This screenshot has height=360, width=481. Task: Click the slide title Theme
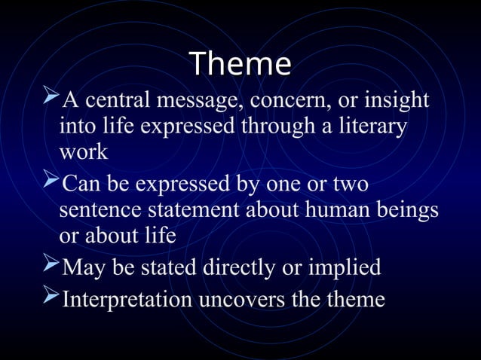tap(240, 64)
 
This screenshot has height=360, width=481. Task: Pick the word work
tap(83, 151)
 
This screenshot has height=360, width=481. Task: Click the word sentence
tap(99, 210)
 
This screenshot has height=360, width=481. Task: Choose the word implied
tap(346, 267)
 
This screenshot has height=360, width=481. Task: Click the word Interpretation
tap(127, 300)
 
